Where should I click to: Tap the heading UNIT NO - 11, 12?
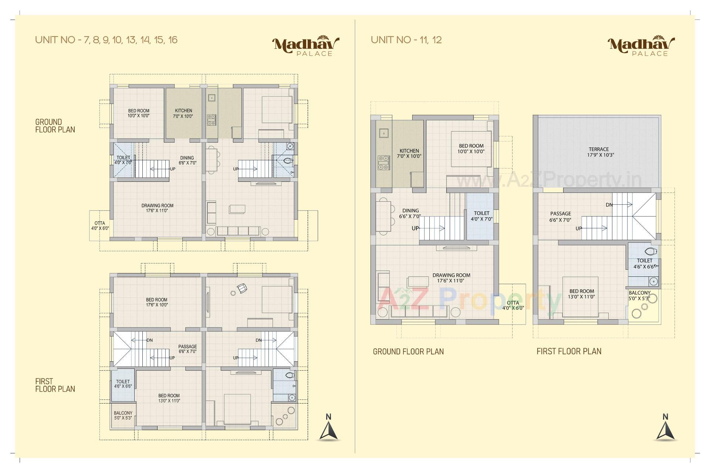[406, 40]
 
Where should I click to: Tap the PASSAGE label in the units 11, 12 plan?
[560, 217]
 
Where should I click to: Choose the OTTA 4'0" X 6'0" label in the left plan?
[100, 226]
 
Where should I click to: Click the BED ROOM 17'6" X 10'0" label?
[156, 302]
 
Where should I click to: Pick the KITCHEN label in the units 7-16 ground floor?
[183, 113]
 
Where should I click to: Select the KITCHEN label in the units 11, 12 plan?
[409, 153]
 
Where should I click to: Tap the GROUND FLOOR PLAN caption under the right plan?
[408, 351]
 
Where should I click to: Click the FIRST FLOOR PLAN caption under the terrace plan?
[569, 351]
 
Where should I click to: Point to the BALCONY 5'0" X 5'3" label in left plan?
[123, 415]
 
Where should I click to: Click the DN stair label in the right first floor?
[609, 205]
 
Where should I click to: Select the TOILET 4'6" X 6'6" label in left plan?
[123, 384]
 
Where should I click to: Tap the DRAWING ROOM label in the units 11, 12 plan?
[451, 278]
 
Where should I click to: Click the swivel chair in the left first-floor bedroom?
[242, 288]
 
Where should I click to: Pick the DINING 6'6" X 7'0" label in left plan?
[187, 160]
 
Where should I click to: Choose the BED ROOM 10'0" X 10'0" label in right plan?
[471, 149]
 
